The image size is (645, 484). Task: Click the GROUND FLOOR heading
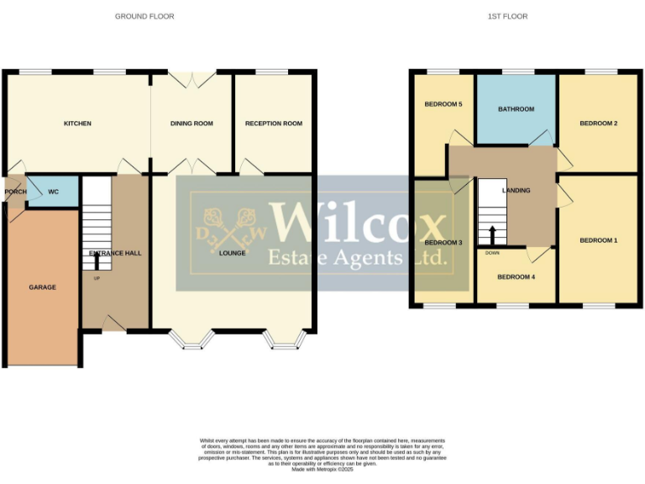click(x=144, y=16)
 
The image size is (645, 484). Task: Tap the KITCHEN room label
click(x=77, y=124)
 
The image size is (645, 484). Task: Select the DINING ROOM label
click(x=191, y=124)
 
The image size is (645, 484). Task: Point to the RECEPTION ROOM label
click(x=273, y=124)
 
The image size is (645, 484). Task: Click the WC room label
click(x=53, y=192)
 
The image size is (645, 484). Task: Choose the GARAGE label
click(x=42, y=287)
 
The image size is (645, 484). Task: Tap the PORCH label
click(x=15, y=192)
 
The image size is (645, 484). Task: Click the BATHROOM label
click(x=516, y=109)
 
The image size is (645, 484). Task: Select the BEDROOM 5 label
click(x=443, y=104)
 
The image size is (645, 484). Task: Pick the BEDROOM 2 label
click(x=598, y=124)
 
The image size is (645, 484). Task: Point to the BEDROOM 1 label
click(x=598, y=240)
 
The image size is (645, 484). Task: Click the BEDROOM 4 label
click(x=515, y=276)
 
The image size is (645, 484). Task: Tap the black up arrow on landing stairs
click(x=492, y=233)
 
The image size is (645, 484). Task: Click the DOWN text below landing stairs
click(x=492, y=252)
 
